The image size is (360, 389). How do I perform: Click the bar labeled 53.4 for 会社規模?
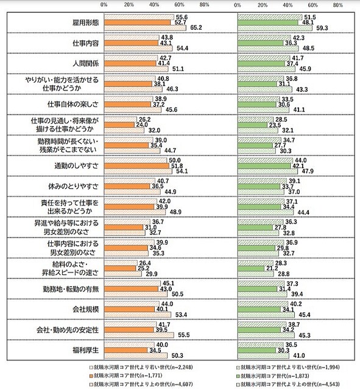tap(137, 315)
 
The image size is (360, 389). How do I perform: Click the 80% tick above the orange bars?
tap(205, 4)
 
